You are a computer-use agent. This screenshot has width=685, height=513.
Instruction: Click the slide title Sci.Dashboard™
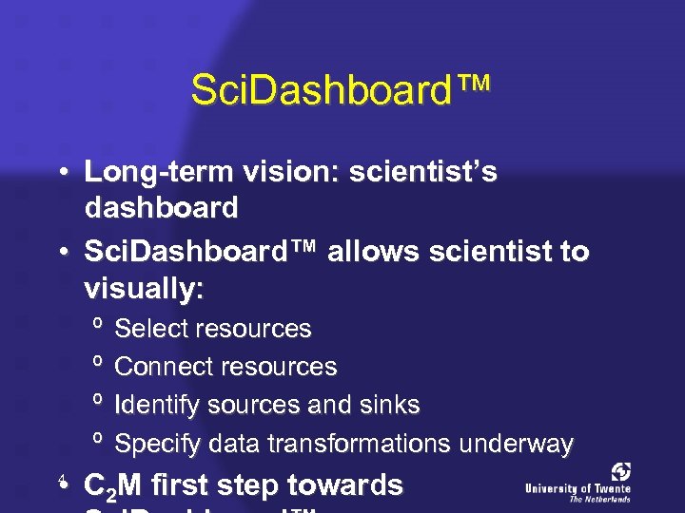coord(341,91)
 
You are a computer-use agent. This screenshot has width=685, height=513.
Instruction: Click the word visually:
coord(144,288)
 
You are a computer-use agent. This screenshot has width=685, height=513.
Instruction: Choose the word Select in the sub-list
coord(151,329)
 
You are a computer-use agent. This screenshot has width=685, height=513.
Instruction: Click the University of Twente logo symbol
coord(620,472)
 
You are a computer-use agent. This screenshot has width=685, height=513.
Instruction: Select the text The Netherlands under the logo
coord(599,499)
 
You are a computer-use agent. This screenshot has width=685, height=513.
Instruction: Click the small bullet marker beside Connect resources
coord(97,365)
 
